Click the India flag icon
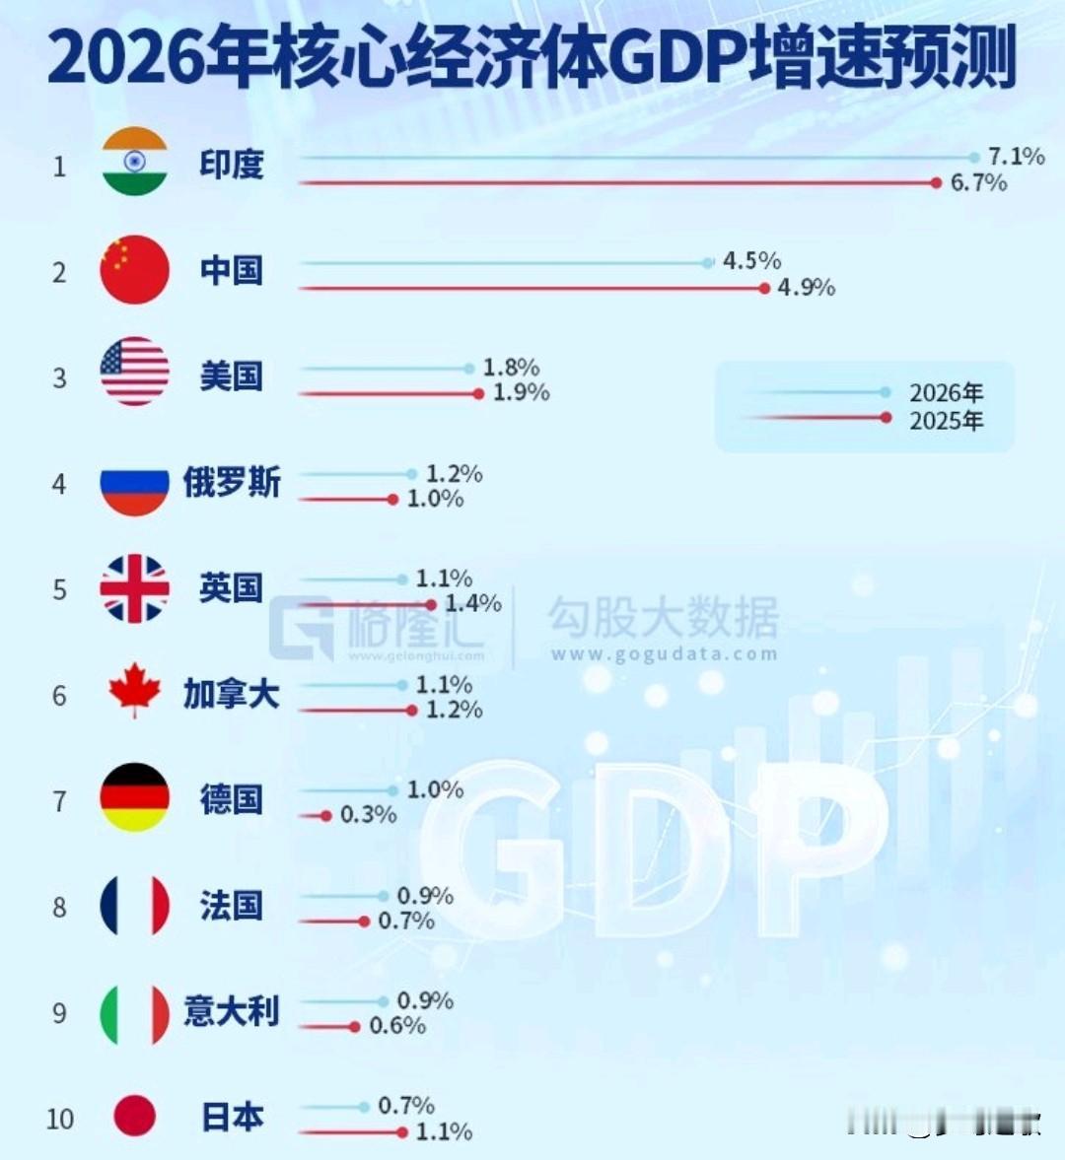tap(135, 162)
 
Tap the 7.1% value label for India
tap(1016, 157)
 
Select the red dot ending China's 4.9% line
tap(764, 288)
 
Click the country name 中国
tap(232, 270)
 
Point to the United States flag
tap(135, 372)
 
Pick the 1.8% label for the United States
tap(511, 368)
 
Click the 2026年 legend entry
tap(945, 393)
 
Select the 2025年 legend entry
tap(945, 421)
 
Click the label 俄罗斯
tap(232, 483)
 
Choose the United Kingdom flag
tap(135, 588)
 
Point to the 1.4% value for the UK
tap(473, 603)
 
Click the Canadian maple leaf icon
tap(135, 690)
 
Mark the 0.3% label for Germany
tap(368, 815)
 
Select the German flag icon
tap(135, 797)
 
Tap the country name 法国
tap(232, 905)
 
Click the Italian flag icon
tap(135, 1013)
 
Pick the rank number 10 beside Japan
tap(59, 1120)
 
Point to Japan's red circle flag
tap(135, 1116)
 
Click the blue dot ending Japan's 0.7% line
tap(364, 1107)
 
